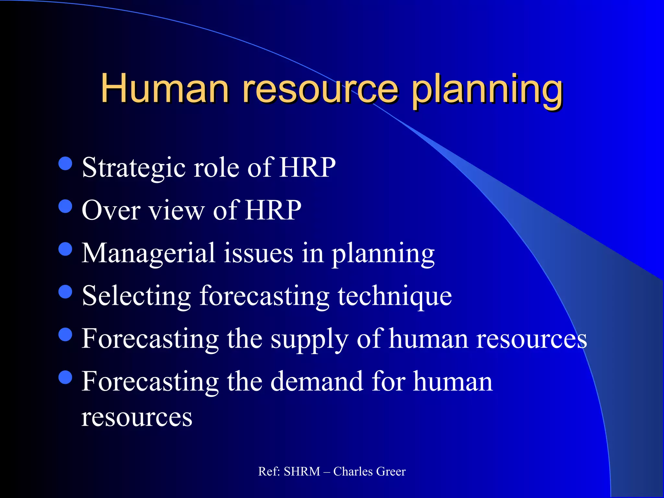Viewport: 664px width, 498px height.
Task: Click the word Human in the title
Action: [x=165, y=88]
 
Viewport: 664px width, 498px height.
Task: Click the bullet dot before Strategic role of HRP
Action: [x=65, y=163]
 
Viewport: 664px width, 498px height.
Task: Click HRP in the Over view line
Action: [x=273, y=210]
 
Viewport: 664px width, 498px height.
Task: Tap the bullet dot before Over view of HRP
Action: [x=65, y=206]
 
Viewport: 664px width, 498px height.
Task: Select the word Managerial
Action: [x=148, y=253]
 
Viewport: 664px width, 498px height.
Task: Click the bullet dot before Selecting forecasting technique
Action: [x=65, y=291]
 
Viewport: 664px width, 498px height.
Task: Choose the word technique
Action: [x=395, y=296]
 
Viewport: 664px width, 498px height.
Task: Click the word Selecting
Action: [x=136, y=296]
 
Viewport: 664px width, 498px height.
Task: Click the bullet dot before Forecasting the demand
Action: [x=65, y=377]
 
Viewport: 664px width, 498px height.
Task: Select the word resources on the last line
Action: [x=136, y=418]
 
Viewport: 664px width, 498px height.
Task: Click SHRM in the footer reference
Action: [x=302, y=471]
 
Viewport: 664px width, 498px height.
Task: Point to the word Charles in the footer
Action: [x=353, y=471]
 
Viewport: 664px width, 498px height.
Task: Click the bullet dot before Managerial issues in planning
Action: [x=65, y=249]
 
